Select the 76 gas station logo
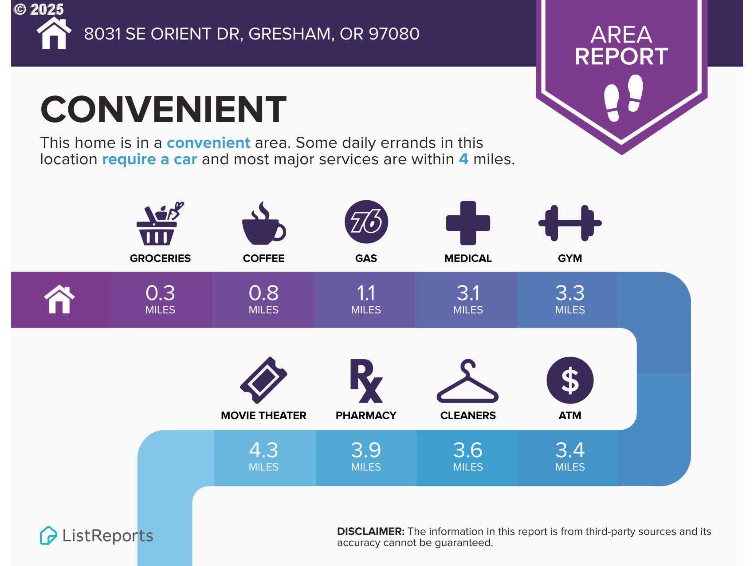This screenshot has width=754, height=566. tap(366, 222)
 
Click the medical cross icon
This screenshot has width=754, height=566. tap(468, 223)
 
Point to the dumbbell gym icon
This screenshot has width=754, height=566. tap(570, 223)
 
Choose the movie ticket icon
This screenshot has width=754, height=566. tap(263, 380)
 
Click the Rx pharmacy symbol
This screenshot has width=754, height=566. tap(366, 381)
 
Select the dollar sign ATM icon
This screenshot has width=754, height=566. tap(570, 380)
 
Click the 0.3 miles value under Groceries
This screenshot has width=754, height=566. tap(160, 299)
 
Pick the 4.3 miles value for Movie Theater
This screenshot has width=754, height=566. tap(263, 456)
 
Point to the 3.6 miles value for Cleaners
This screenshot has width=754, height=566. tap(468, 456)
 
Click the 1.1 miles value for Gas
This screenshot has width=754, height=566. tap(366, 299)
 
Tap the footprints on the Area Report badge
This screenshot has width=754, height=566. tap(624, 98)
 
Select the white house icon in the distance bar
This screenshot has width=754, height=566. tap(59, 300)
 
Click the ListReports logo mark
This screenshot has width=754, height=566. tap(48, 535)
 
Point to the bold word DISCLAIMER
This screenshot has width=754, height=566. tap(371, 531)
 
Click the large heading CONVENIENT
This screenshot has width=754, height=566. tap(164, 109)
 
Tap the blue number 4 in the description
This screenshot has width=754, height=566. tap(463, 159)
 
